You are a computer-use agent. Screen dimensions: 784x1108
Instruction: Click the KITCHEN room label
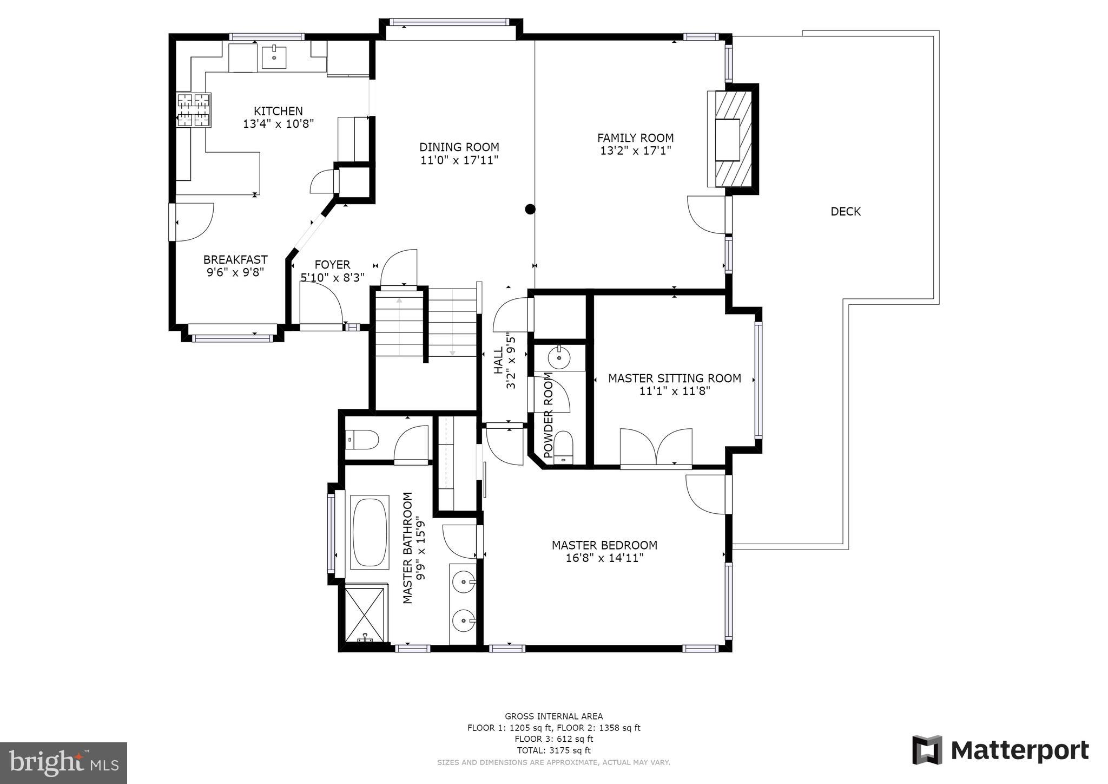pos(278,111)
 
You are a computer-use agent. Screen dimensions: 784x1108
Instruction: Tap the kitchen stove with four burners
pos(193,110)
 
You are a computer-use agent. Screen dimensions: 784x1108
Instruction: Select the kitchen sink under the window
pos(274,57)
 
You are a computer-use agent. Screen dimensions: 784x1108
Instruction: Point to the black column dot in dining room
pos(530,209)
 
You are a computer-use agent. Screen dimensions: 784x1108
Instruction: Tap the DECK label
pos(845,212)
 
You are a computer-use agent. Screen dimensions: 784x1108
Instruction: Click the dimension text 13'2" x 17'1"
pos(635,151)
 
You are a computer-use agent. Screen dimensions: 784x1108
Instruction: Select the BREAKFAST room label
pos(235,259)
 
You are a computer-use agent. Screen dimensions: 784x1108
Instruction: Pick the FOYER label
pos(332,265)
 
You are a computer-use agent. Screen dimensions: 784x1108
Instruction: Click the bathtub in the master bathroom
pos(370,532)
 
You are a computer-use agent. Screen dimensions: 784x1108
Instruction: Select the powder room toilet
pos(564,447)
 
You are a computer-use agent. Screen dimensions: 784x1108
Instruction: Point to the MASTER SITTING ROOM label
pos(674,378)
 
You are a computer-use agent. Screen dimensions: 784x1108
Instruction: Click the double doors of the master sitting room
pos(656,447)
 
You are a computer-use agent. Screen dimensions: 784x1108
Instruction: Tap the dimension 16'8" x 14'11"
pos(604,558)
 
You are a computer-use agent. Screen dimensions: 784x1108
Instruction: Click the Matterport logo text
pos(1019,751)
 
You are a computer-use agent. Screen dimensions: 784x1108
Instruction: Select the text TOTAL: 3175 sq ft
pos(553,750)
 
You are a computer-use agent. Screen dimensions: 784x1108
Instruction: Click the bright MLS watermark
pos(63,763)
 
